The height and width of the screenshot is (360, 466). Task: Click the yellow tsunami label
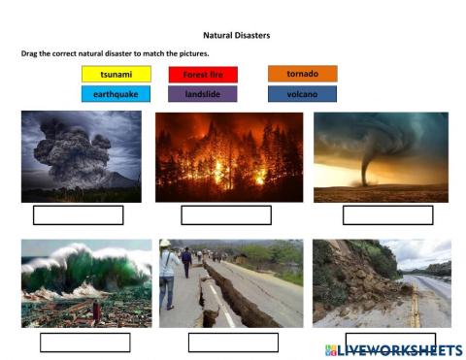pos(116,74)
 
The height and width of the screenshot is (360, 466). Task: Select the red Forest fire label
pos(203,74)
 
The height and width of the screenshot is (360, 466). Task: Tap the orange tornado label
pos(302,73)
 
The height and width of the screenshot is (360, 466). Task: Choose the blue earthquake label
pos(116,94)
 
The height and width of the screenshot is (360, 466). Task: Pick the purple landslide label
pos(203,94)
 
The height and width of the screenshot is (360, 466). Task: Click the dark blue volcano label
pos(302,94)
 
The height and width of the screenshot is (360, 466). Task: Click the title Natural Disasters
pos(237,35)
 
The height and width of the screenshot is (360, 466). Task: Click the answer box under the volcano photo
pos(79,215)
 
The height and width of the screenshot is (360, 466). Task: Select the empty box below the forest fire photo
pos(226,215)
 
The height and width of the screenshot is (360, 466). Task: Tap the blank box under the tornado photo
pos(387,215)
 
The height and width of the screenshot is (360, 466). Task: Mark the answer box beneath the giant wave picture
pos(85,343)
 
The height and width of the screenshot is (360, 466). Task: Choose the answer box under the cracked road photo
pos(233,343)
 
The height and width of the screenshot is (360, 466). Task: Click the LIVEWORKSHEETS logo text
pos(399,348)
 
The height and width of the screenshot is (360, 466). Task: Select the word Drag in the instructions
pos(29,53)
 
